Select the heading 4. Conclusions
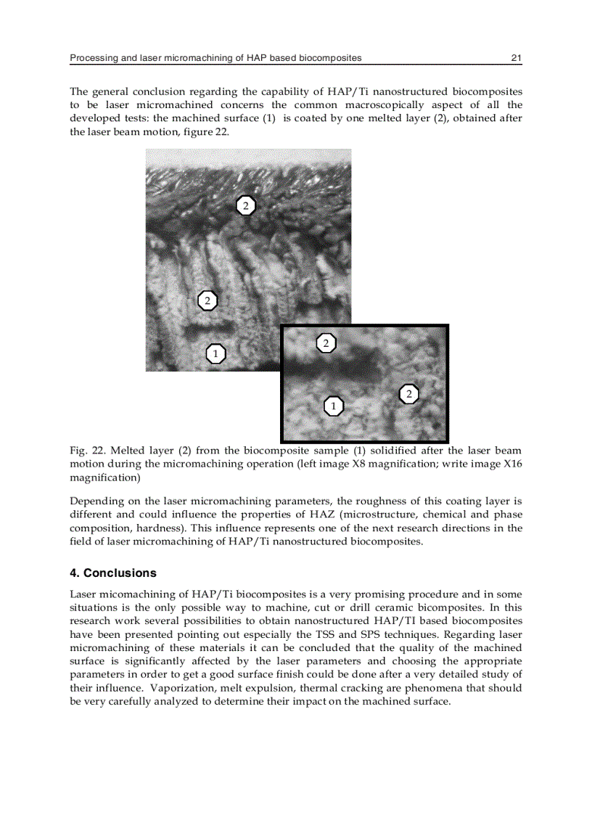112,573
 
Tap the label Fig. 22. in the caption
86,451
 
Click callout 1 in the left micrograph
215,353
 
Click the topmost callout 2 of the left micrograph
246,205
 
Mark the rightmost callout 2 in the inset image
409,393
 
